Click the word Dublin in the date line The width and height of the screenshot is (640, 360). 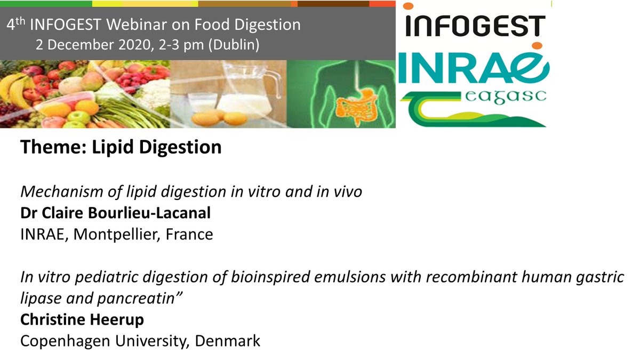[x=233, y=45]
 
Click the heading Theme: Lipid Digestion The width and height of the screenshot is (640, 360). [x=121, y=147]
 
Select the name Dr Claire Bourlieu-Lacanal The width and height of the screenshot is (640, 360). [x=115, y=213]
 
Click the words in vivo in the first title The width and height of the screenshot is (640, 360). [x=341, y=191]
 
